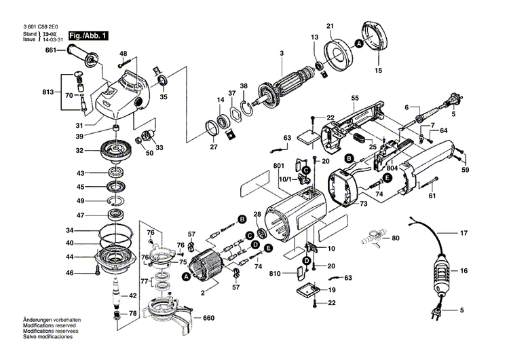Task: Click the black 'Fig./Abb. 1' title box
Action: [x=86, y=34]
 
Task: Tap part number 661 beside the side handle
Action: [x=52, y=50]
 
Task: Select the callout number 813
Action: [x=48, y=91]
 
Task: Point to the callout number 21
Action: [x=331, y=26]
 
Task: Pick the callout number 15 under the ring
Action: [x=379, y=70]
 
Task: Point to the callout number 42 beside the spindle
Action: [x=133, y=295]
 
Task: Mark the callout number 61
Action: [x=431, y=196]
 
